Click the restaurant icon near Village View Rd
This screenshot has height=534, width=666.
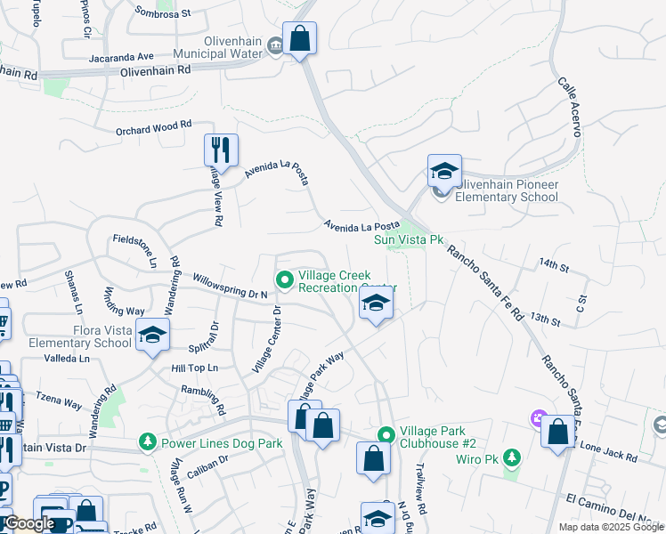pyautogui.click(x=220, y=150)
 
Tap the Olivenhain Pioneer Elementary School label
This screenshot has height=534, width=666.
pyautogui.click(x=507, y=190)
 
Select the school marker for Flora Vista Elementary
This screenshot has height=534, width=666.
pyautogui.click(x=153, y=336)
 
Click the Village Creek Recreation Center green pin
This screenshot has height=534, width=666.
pyautogui.click(x=285, y=280)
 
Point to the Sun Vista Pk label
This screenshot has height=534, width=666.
pyautogui.click(x=408, y=239)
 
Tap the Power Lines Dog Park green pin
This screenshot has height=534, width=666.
pyautogui.click(x=148, y=441)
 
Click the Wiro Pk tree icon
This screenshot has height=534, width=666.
pyautogui.click(x=511, y=457)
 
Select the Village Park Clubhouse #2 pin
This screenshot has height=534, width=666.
pyautogui.click(x=386, y=435)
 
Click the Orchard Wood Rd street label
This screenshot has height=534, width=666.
pyautogui.click(x=154, y=128)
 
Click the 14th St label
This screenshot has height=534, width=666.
pyautogui.click(x=553, y=265)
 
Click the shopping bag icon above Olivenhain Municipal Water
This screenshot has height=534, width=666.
pyautogui.click(x=300, y=38)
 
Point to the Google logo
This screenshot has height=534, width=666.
pyautogui.click(x=29, y=524)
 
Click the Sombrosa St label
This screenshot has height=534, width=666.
pyautogui.click(x=163, y=13)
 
